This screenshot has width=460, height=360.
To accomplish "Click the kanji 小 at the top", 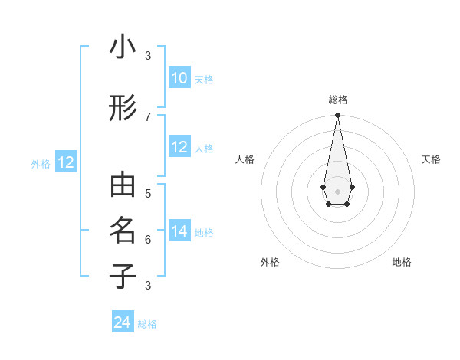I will click(x=123, y=47).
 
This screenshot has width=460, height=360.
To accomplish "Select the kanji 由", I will click(x=123, y=186).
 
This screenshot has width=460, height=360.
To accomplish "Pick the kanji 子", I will click(x=123, y=276).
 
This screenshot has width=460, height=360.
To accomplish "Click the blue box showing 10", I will click(x=179, y=78).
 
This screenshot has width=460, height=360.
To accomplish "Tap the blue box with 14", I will click(x=179, y=232).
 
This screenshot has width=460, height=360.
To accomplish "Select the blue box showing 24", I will click(x=123, y=322).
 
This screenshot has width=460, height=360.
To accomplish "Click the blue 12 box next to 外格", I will click(x=66, y=162).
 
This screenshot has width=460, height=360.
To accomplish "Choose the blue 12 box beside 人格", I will click(x=179, y=147).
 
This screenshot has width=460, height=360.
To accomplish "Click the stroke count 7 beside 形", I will click(x=148, y=116).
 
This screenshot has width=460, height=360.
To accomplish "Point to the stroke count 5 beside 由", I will click(x=148, y=193).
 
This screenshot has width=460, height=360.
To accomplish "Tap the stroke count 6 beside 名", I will click(x=148, y=239).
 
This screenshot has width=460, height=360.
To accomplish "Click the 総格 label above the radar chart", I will click(x=337, y=100).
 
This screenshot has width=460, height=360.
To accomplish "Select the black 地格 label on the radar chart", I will click(x=402, y=262).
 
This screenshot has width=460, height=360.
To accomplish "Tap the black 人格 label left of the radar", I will click(x=245, y=159).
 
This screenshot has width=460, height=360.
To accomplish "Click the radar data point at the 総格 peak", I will click(x=337, y=116).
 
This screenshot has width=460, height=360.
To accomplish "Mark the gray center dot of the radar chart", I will click(x=337, y=191).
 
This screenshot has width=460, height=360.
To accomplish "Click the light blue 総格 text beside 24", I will click(x=147, y=324).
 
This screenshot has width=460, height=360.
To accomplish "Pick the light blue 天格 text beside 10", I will click(x=204, y=80).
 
